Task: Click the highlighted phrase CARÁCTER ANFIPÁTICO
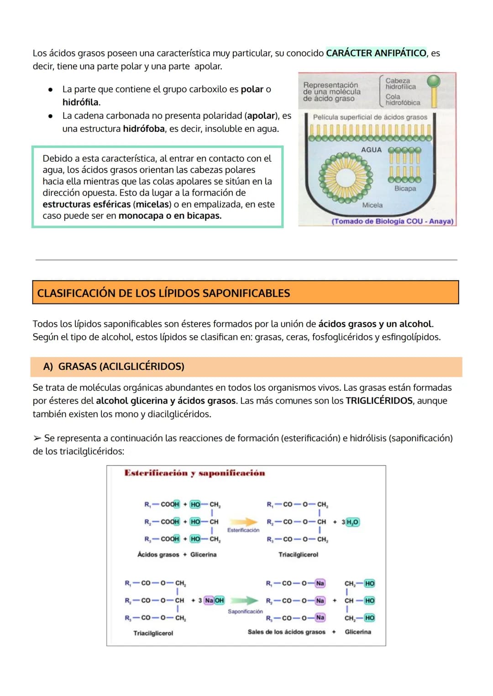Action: click(376, 53)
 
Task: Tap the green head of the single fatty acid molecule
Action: click(433, 81)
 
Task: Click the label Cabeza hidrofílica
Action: click(400, 84)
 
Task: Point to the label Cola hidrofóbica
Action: click(402, 99)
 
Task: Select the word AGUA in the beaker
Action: click(371, 150)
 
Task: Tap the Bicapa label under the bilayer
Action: click(405, 188)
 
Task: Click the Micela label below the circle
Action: click(372, 205)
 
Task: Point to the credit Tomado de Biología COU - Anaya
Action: click(393, 221)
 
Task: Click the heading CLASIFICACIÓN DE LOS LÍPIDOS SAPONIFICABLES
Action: click(163, 293)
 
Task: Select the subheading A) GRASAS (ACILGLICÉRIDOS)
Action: click(114, 366)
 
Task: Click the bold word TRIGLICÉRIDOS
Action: click(379, 401)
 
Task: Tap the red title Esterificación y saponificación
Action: click(194, 473)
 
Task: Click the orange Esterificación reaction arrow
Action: click(243, 522)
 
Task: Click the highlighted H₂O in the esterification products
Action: click(352, 522)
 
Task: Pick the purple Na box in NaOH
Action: click(209, 600)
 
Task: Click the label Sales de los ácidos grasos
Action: click(286, 632)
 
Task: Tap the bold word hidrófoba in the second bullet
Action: click(144, 129)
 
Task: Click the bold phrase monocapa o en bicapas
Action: click(170, 215)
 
